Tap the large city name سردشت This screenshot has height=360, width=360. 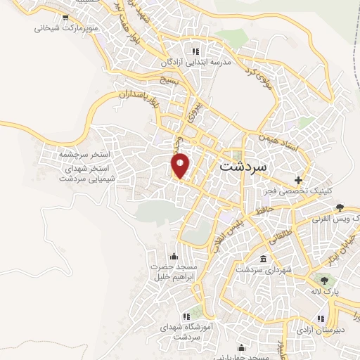pos(243,167)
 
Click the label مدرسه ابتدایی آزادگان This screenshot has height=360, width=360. pos(196,62)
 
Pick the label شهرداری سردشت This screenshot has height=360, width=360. pos(264,269)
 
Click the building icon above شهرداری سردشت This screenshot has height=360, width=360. pos(264,259)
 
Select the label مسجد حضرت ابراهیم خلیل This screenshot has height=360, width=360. pos(174,271)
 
